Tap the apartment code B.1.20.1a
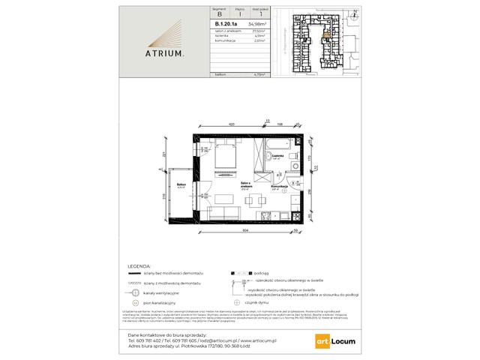[x=225, y=23]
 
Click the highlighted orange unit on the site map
[x=326, y=31]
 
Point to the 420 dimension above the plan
[x=232, y=122]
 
